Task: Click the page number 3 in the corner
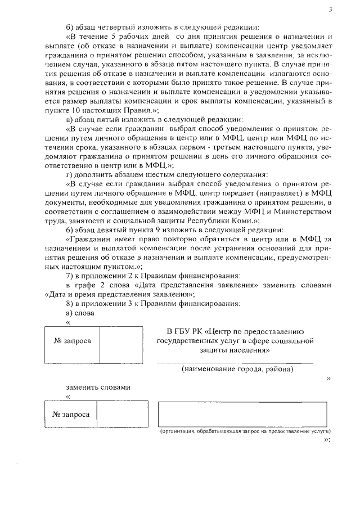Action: pos(331,10)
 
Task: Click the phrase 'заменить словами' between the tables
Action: pos(98,387)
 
